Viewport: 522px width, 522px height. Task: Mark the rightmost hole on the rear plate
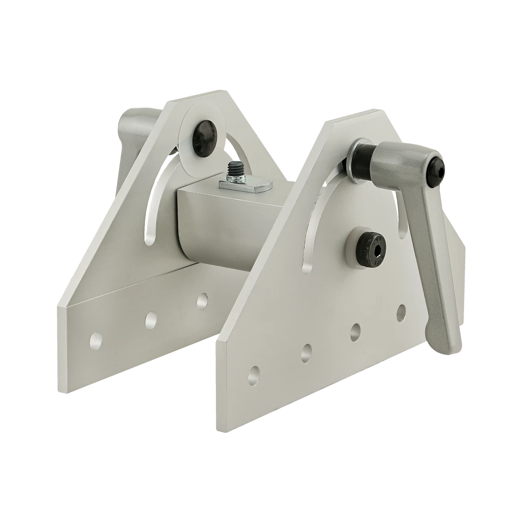click(x=202, y=300)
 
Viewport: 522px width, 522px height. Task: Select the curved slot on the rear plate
click(x=154, y=209)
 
